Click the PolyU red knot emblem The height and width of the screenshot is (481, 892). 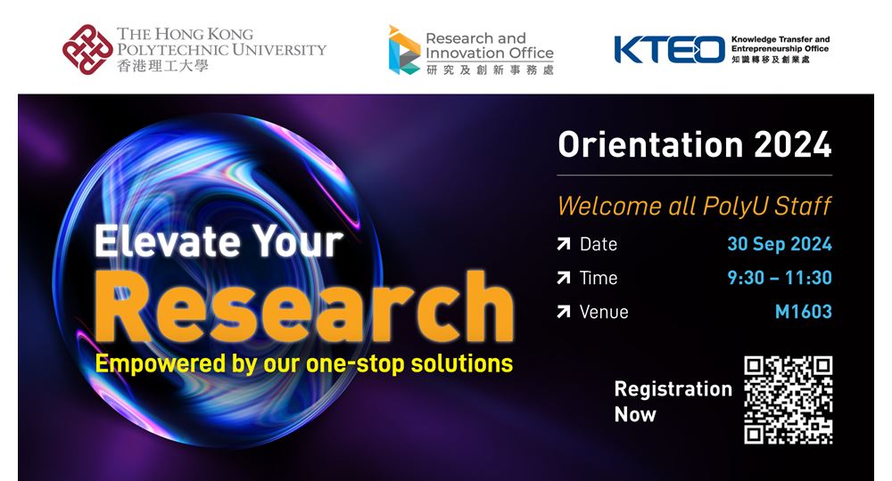coord(87,49)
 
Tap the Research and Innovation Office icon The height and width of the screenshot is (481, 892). coord(404,50)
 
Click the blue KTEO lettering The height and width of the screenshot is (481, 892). coord(669,49)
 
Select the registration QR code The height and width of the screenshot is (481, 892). coord(788,400)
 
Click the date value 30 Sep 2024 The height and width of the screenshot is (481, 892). coord(780,244)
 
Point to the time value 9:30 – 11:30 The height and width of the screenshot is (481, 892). coord(780,278)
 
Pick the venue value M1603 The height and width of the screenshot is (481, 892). coord(804,312)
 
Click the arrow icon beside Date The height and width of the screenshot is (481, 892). coord(563,244)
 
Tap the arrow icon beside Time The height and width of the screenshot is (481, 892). coord(563,278)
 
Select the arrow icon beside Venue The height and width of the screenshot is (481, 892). coord(563,311)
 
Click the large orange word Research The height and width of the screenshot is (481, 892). coord(304,306)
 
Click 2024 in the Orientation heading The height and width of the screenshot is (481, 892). coord(792,145)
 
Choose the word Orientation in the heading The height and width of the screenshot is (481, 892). coord(650,145)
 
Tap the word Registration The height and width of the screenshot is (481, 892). coord(673,389)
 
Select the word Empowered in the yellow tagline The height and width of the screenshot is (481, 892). coord(160,364)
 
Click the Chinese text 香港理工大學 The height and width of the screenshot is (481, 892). coord(162,66)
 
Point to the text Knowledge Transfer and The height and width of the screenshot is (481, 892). coord(780,39)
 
